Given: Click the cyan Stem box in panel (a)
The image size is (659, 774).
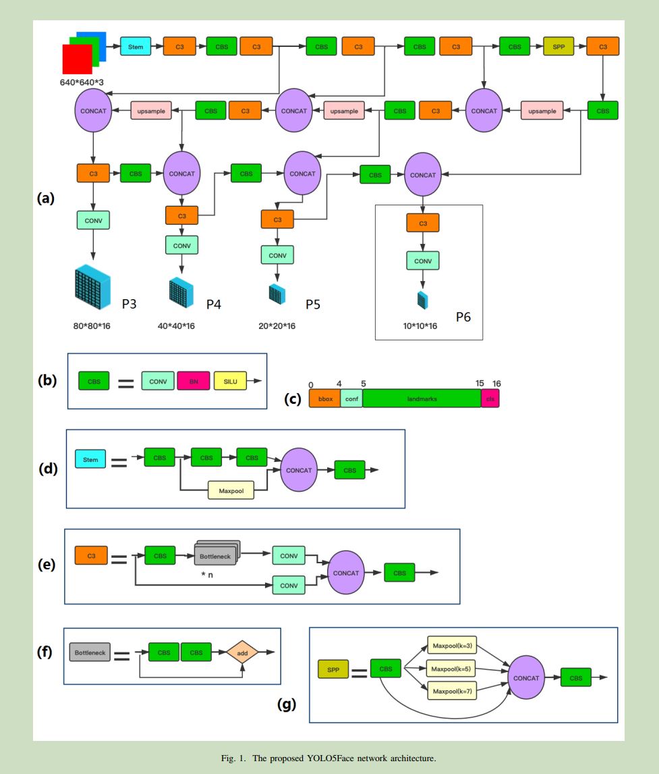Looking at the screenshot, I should point(136,47).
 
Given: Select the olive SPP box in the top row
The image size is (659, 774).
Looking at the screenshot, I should point(558,47).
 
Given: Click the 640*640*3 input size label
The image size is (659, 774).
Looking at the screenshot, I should point(86,82).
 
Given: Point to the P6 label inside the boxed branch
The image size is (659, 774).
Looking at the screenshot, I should point(463,317).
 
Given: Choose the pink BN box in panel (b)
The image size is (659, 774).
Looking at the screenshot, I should point(194,381).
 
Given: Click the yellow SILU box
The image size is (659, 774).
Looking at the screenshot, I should point(230,381).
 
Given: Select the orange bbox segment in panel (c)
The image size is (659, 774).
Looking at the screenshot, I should point(324,398).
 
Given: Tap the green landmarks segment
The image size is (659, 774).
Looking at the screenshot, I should point(422,398).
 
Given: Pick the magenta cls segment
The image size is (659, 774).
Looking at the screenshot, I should point(490,398).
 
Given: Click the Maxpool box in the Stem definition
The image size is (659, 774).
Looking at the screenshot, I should point(231,490).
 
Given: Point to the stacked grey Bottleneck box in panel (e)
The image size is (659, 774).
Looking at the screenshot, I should point(216,555).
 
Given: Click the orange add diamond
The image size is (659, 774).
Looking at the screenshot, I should point(243,652).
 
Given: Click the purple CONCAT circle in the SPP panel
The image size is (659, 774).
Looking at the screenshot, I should point(525,678).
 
